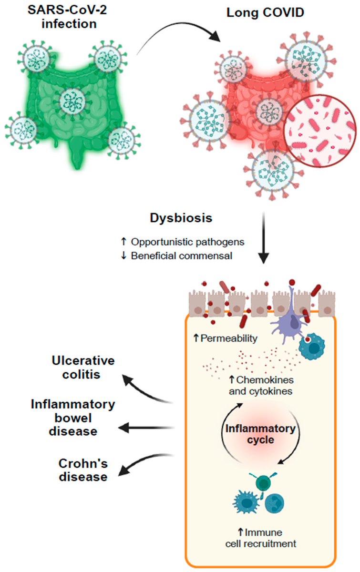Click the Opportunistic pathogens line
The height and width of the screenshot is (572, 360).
pyautogui.click(x=188, y=242)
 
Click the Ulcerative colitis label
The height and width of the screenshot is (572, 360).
pyautogui.click(x=76, y=367)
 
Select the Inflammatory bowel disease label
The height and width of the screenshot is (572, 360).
pyautogui.click(x=72, y=418)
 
